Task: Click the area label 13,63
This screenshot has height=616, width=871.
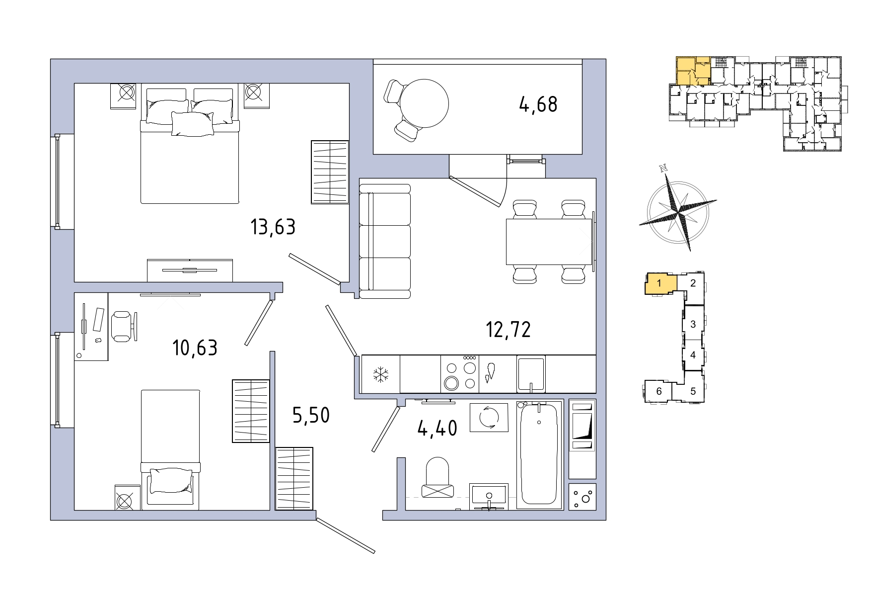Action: pos(273,227)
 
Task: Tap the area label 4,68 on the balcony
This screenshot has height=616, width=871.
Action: pos(538,104)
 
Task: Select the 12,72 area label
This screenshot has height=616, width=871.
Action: pos(508,330)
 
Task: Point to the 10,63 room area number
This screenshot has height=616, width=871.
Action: pos(195,348)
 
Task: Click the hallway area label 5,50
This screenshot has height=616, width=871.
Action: pos(311,415)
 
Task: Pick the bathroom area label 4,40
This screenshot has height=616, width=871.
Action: pos(437,428)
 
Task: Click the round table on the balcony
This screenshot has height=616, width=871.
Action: pos(425,103)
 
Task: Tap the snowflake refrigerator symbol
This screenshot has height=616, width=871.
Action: pos(381,374)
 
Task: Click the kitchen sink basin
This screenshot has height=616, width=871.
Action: pos(531,374)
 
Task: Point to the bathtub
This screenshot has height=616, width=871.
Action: pos(539,454)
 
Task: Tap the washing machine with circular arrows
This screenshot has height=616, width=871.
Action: pos(489,418)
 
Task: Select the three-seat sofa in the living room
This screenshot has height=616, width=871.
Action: pos(385,241)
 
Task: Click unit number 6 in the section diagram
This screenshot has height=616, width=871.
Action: pos(659,391)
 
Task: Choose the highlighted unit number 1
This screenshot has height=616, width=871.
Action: pos(659,284)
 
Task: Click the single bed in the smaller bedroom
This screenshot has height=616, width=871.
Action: pos(170,450)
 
